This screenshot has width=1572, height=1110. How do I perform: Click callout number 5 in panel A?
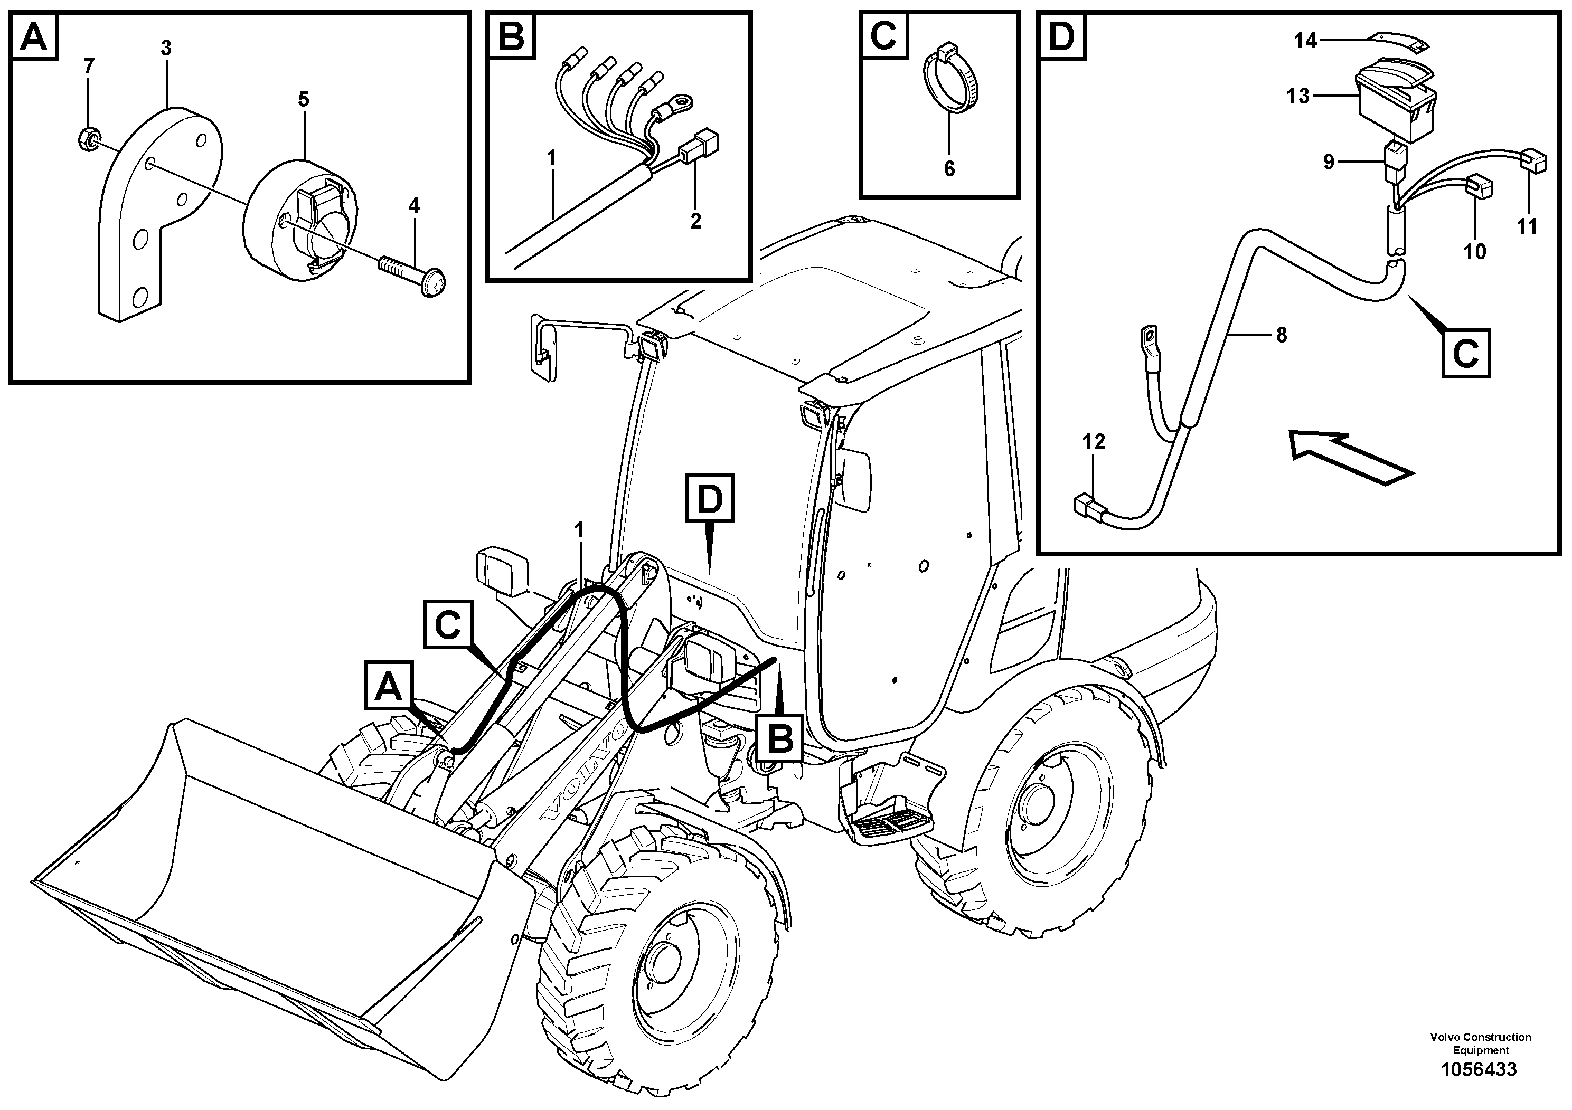[303, 100]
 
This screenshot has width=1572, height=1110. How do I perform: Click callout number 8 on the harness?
[1281, 335]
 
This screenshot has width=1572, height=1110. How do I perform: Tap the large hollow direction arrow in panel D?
[1349, 457]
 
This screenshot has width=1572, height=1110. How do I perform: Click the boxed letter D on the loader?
[709, 499]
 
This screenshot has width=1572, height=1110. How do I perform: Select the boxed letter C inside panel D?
[1465, 354]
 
